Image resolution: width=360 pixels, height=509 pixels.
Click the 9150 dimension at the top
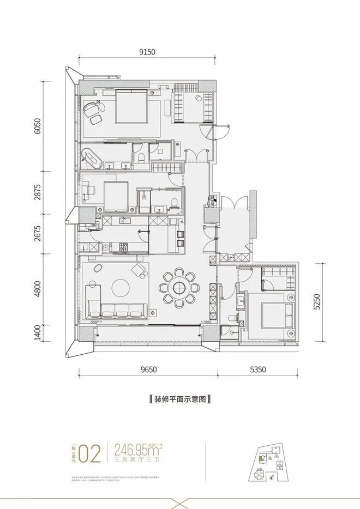[x=147, y=52]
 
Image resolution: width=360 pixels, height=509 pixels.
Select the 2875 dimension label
[x=37, y=192]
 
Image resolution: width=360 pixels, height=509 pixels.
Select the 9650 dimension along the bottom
[x=148, y=369]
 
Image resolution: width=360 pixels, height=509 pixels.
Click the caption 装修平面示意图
[x=179, y=399]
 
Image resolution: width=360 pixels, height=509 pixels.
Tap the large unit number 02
[x=91, y=453]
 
